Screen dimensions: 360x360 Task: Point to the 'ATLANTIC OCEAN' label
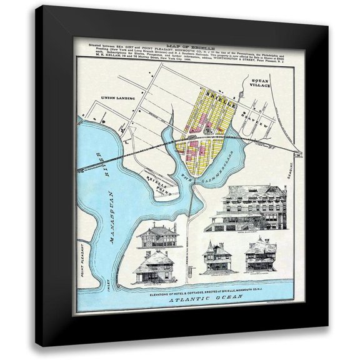point(201,301)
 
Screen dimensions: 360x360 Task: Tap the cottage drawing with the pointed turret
point(217,256)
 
